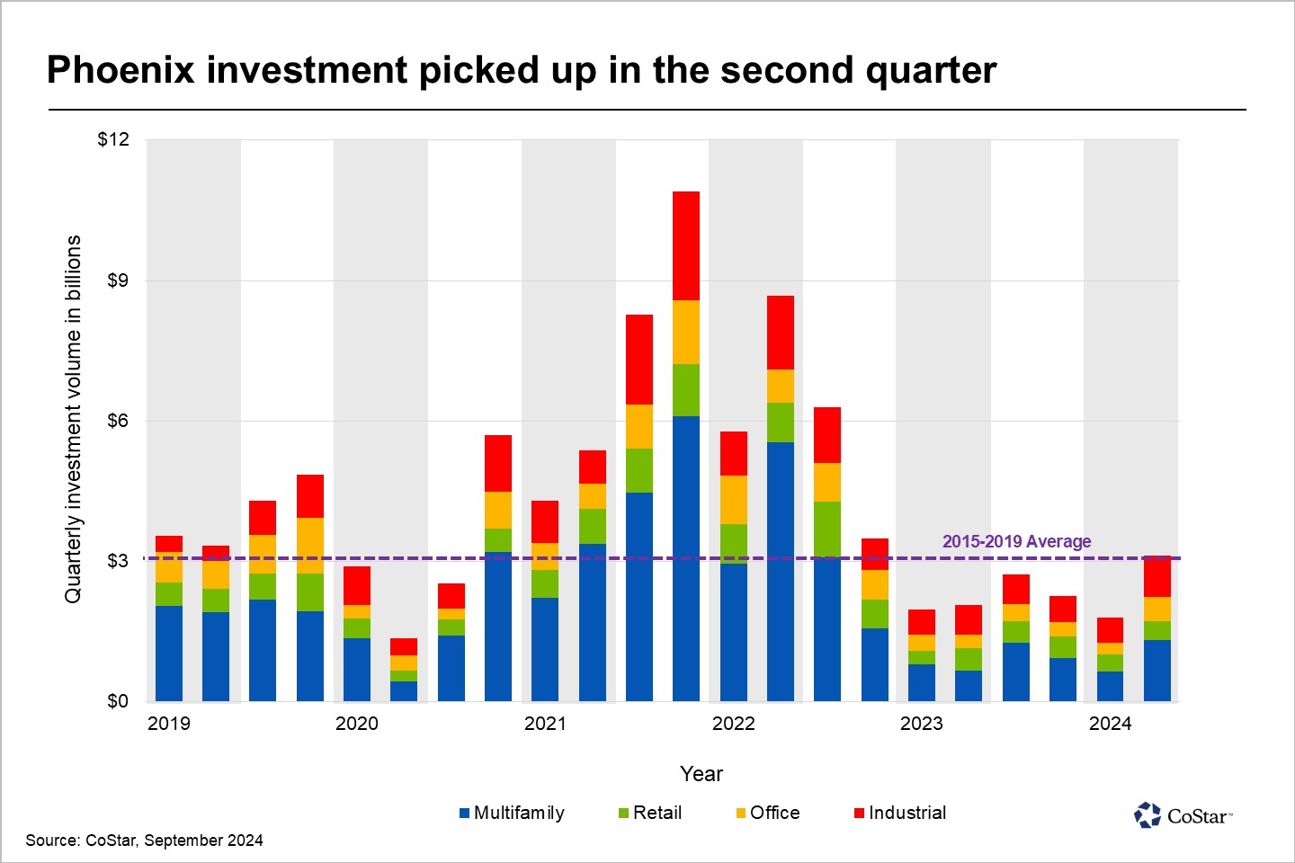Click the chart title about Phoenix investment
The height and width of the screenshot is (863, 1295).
pyautogui.click(x=522, y=70)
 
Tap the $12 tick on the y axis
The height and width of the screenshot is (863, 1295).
pyautogui.click(x=113, y=139)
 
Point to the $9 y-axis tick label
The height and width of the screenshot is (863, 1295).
pyautogui.click(x=118, y=280)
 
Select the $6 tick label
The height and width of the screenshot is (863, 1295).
pyautogui.click(x=118, y=421)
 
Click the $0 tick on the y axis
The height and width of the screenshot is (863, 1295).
pyautogui.click(x=118, y=701)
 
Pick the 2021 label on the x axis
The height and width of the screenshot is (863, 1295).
pyautogui.click(x=545, y=724)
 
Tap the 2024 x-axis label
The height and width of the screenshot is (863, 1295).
pyautogui.click(x=1110, y=724)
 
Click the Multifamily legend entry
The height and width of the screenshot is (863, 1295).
pyautogui.click(x=512, y=813)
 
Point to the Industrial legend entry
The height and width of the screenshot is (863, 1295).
pyautogui.click(x=900, y=813)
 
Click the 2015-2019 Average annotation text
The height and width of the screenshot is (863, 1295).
pyautogui.click(x=1016, y=541)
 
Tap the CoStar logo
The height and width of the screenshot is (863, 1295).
pyautogui.click(x=1183, y=815)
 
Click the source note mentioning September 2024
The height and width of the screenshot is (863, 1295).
pyautogui.click(x=144, y=841)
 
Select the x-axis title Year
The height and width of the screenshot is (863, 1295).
pyautogui.click(x=701, y=774)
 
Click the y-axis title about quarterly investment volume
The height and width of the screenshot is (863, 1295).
pyautogui.click(x=73, y=419)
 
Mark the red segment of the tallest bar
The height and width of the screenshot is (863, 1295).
pyautogui.click(x=686, y=245)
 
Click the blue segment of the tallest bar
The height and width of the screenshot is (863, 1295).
pyautogui.click(x=686, y=557)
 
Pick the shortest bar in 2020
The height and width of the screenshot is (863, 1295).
pyautogui.click(x=404, y=670)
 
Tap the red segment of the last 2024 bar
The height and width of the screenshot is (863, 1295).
pyautogui.click(x=1157, y=577)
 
